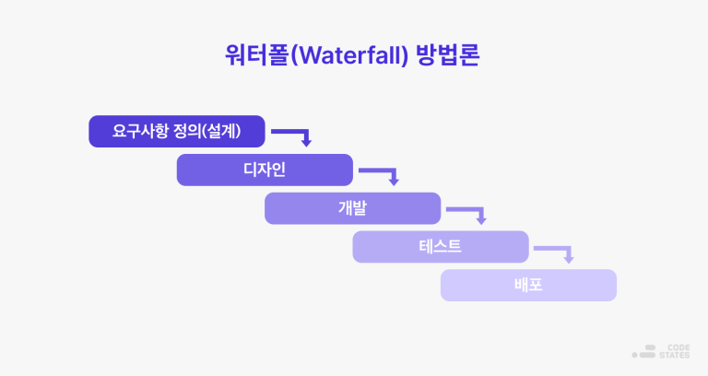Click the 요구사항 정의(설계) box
click(x=177, y=132)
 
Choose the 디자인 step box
click(x=265, y=170)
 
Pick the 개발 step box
click(x=352, y=208)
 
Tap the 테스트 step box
click(x=440, y=247)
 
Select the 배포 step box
click(x=528, y=286)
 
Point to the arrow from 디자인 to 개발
click(x=381, y=173)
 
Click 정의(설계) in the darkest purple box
click(x=208, y=132)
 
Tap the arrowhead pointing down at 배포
click(x=569, y=259)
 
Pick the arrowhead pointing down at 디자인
click(x=306, y=143)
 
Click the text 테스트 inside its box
click(x=440, y=247)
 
